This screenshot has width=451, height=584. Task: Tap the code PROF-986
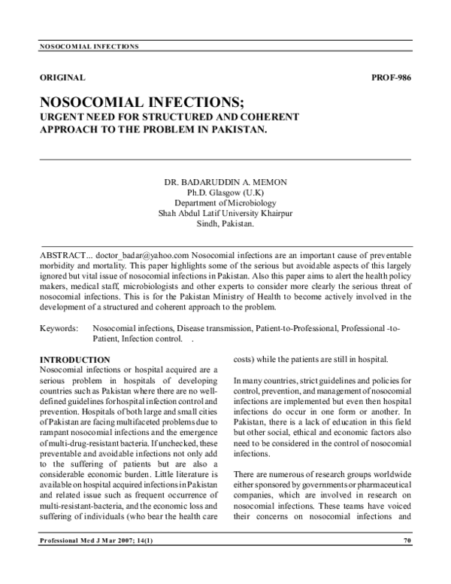coord(391,78)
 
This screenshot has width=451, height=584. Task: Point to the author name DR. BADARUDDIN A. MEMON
coord(225,183)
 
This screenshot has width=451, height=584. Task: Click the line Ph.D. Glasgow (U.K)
coord(225,193)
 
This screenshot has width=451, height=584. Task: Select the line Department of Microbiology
coord(225,203)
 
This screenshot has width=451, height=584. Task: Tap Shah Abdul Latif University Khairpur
coord(225,214)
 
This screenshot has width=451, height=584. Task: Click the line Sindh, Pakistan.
coord(225,224)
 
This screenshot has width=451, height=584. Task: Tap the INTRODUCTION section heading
coord(74,360)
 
